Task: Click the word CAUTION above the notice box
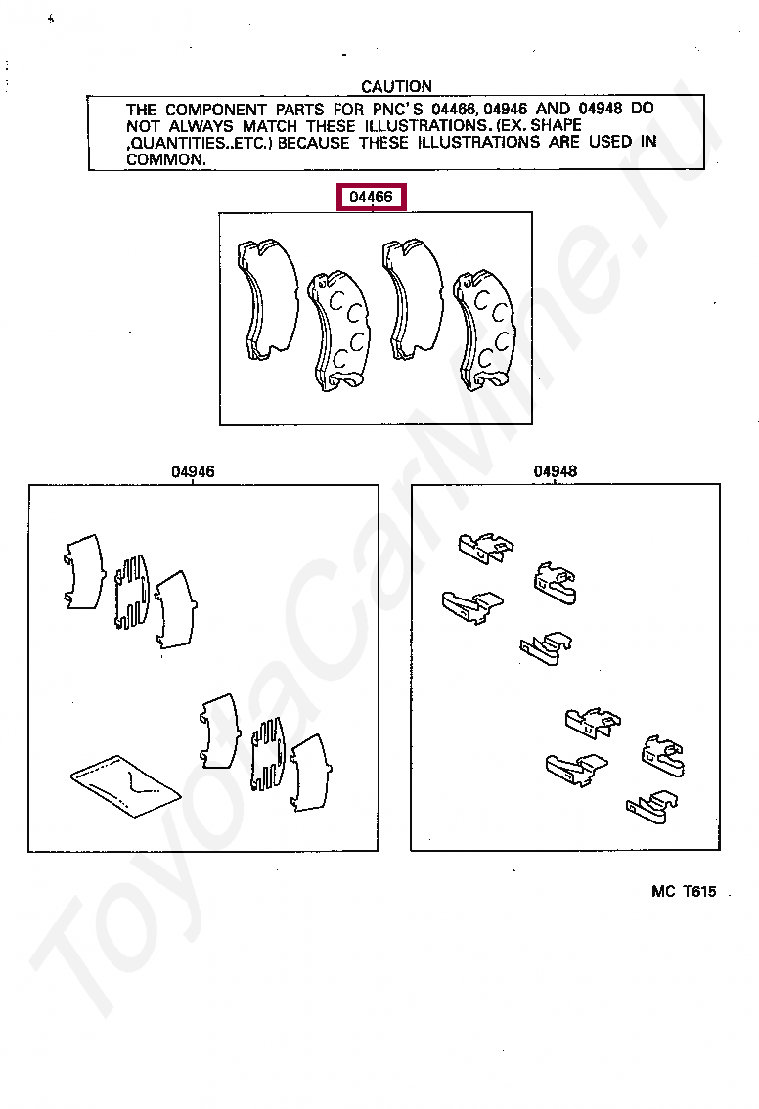tap(396, 86)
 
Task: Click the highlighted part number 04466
tap(372, 197)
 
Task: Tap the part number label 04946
tap(193, 471)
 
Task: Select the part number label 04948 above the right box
tap(556, 471)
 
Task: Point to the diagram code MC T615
tap(684, 891)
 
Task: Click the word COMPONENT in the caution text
tap(216, 110)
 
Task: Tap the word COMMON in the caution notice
tap(165, 159)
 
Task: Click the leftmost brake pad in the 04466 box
tap(267, 298)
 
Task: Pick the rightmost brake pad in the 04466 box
tap(484, 331)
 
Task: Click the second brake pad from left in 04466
tap(338, 331)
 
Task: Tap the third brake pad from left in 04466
tap(413, 298)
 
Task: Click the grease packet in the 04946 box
tap(126, 785)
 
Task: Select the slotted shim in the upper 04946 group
tap(132, 592)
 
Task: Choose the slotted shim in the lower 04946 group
tap(269, 753)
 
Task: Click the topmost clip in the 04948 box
tap(486, 548)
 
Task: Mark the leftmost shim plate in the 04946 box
tap(84, 571)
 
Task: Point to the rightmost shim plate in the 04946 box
tap(311, 773)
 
